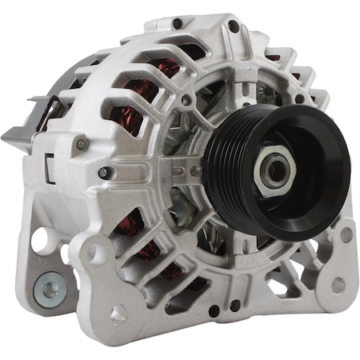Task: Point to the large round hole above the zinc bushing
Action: (41, 241)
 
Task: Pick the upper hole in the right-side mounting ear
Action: (346, 234)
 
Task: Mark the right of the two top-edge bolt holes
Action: (233, 26)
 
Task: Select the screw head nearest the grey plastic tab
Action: (80, 145)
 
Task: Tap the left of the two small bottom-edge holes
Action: (214, 310)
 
